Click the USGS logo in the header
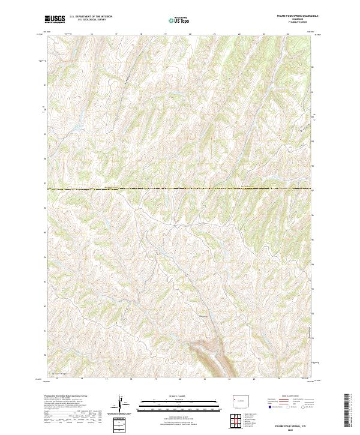pyautogui.click(x=55, y=19)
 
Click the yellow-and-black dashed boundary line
pyautogui.click(x=180, y=189)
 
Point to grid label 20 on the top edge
pyautogui.click(x=190, y=34)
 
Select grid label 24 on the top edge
pyautogui.click(x=288, y=34)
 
